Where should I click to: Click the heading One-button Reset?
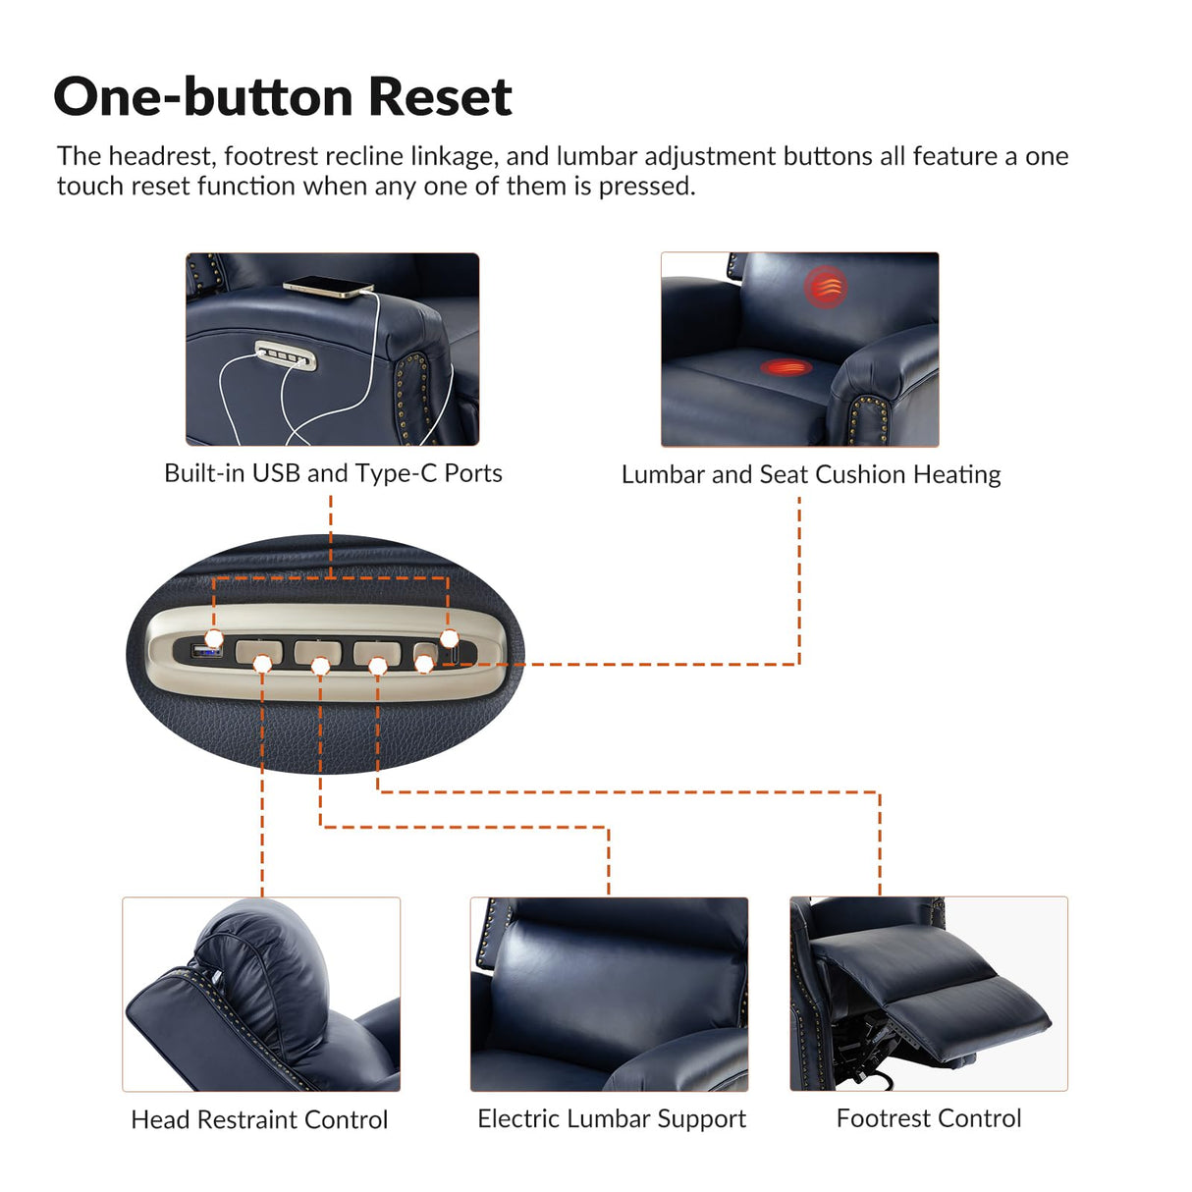[283, 96]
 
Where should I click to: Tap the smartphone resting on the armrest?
[328, 287]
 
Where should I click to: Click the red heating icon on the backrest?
[826, 287]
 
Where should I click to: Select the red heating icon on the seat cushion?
[786, 368]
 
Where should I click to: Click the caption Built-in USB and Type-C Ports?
[333, 473]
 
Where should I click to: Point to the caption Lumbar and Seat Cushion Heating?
[811, 474]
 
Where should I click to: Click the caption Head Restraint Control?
[259, 1119]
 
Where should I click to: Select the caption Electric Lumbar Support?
[611, 1118]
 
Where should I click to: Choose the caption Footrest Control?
[928, 1118]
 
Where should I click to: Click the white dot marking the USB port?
[214, 638]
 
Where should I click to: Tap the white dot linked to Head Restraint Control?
[262, 665]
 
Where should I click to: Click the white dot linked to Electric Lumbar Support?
[320, 667]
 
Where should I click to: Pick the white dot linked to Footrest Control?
[378, 667]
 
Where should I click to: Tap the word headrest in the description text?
[162, 156]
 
